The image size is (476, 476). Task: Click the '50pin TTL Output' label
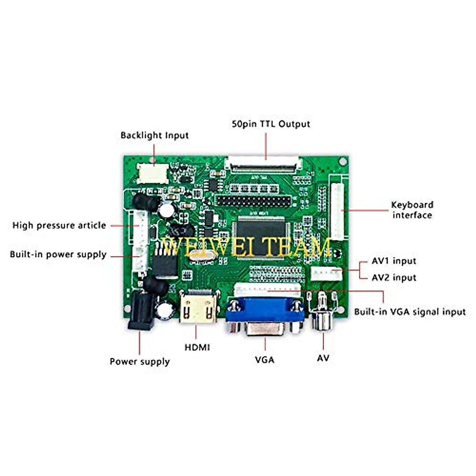(x=271, y=124)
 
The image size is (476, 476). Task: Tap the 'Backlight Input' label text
(x=154, y=135)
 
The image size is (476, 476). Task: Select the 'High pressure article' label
(x=59, y=225)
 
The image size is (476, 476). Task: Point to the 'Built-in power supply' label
(x=58, y=254)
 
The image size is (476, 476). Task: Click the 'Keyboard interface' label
(x=412, y=210)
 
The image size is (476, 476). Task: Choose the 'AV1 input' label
(x=394, y=261)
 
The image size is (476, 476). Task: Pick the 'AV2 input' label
(x=394, y=278)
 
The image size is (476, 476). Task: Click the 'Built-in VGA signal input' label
(x=410, y=312)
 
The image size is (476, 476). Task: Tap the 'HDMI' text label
(x=197, y=347)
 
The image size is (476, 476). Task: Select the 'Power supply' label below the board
(x=140, y=362)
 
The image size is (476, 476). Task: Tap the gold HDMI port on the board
(x=199, y=307)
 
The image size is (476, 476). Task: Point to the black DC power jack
(x=141, y=311)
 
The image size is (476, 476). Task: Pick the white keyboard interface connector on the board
(x=337, y=212)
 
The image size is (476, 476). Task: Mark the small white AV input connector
(x=326, y=273)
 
